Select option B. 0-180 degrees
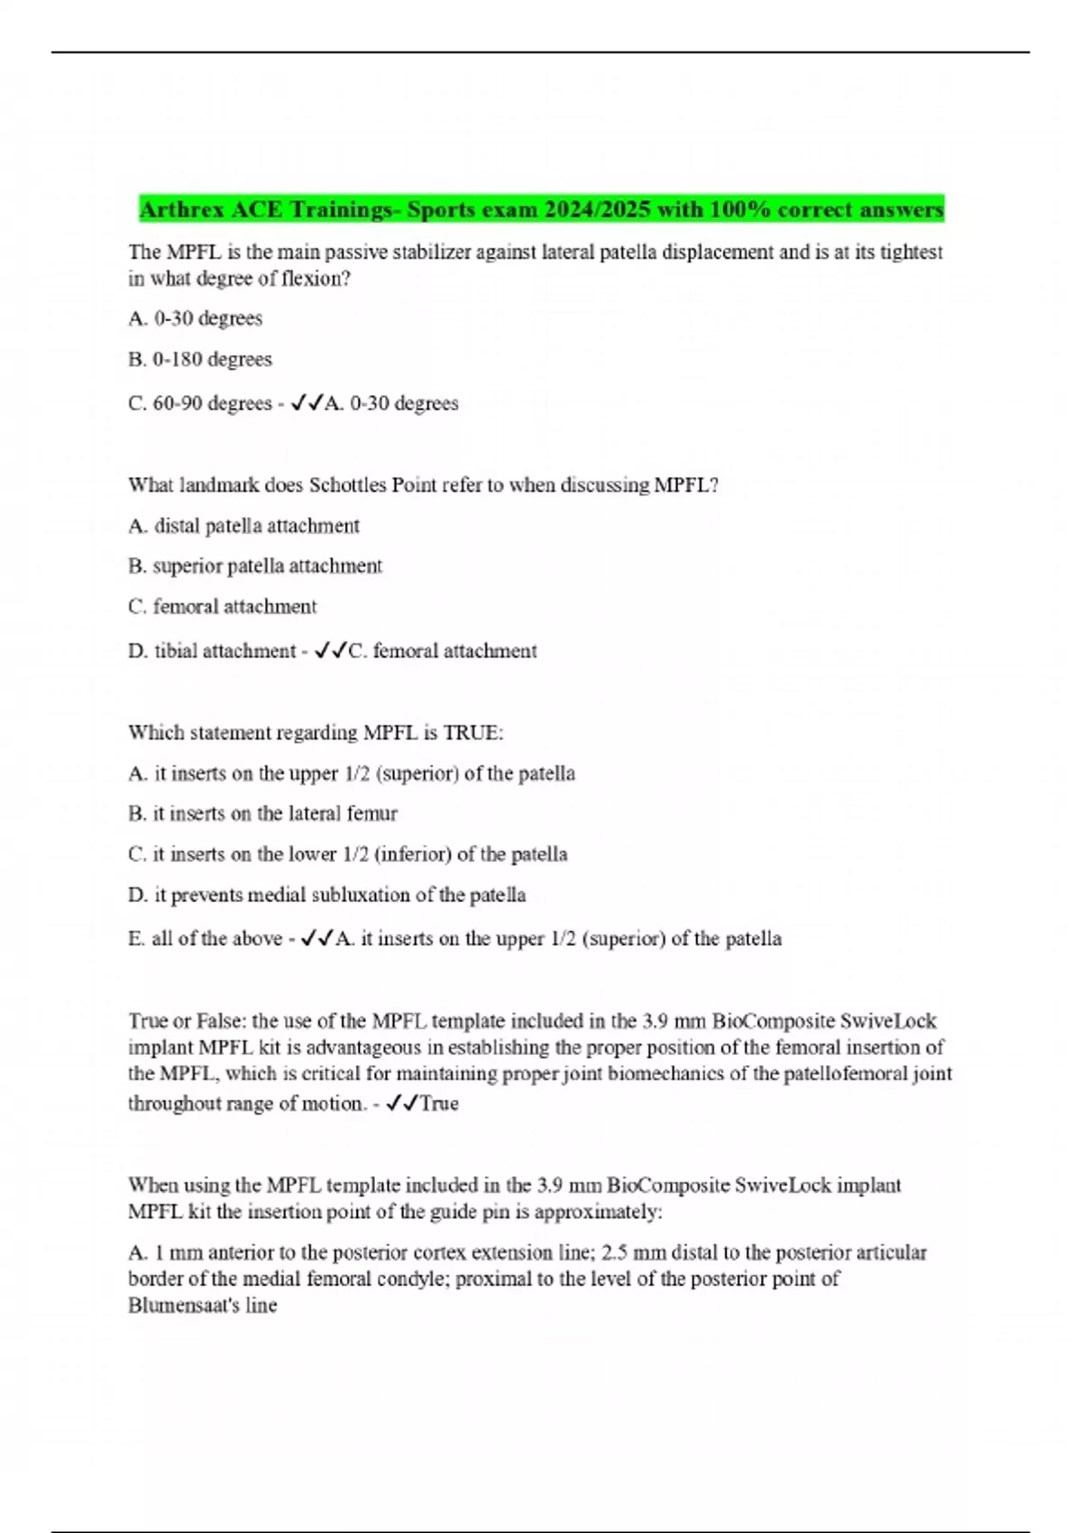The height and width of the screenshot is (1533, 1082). pos(200,359)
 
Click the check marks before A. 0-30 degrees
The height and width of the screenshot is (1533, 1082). pos(307,403)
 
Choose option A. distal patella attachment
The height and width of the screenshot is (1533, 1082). pos(243,526)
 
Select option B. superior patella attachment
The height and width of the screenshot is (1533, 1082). pos(255,566)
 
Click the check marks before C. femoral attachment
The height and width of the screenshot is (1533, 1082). pos(330,651)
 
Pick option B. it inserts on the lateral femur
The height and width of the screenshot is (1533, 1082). pos(262,813)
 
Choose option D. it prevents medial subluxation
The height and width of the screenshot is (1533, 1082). pos(326,895)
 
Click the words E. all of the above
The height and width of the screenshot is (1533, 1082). pos(206,939)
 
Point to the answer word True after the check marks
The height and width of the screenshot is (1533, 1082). pos(439,1104)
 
